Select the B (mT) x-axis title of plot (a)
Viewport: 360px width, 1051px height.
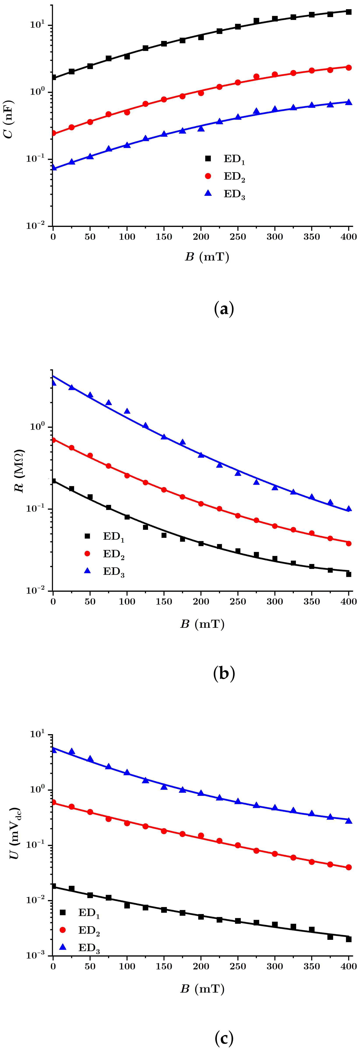207,257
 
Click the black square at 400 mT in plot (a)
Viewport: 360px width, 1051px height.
349,12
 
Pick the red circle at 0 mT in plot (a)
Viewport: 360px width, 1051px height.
53,133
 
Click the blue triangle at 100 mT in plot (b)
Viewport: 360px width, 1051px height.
127,411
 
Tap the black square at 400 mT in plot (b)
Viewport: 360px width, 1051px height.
349,574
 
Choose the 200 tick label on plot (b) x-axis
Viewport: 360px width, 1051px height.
201,602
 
